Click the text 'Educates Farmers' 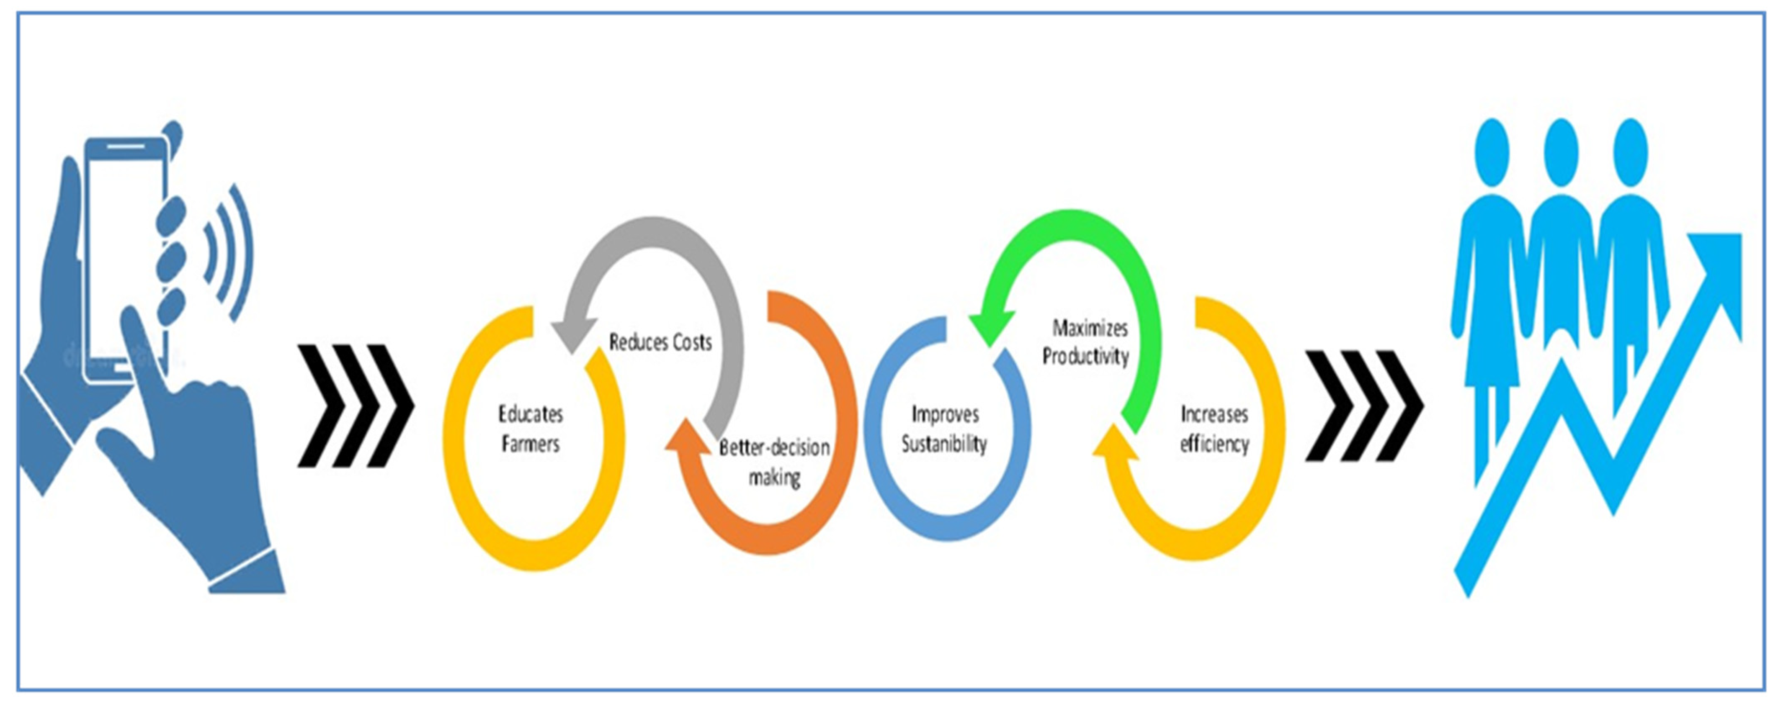tap(530, 428)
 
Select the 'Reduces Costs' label tap(660, 342)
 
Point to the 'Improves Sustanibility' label tap(944, 428)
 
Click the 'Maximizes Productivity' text tap(1086, 342)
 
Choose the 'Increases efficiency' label tap(1214, 428)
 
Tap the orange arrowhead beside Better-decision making tap(687, 438)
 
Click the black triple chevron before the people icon tap(1363, 406)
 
